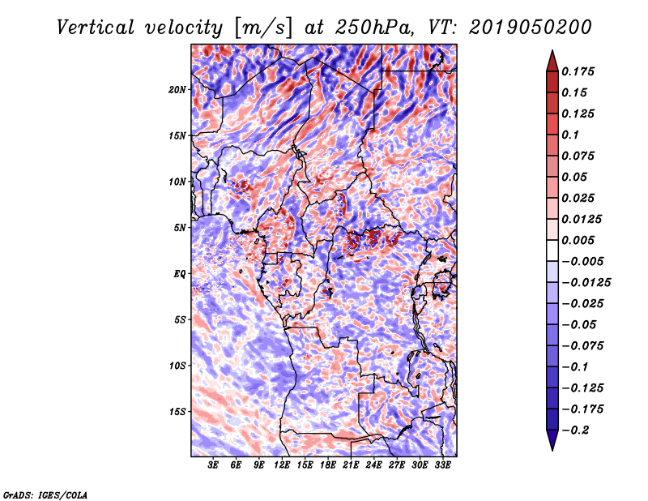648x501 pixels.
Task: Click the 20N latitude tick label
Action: click(x=177, y=89)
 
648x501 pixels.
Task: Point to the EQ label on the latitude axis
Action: click(x=180, y=274)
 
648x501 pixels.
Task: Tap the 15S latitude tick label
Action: click(x=177, y=412)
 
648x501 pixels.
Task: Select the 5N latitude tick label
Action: click(x=180, y=228)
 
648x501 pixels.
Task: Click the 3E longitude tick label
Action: click(x=214, y=465)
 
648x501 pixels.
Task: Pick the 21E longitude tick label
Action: click(x=351, y=465)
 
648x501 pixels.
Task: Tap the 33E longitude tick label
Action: click(x=442, y=465)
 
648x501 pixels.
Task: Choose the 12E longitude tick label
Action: click(x=282, y=465)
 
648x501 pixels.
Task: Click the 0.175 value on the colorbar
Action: click(x=580, y=71)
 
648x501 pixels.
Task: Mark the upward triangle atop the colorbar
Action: click(x=552, y=59)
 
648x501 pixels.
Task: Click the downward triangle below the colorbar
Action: click(x=552, y=440)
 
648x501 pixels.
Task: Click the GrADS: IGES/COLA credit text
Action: click(x=45, y=494)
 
